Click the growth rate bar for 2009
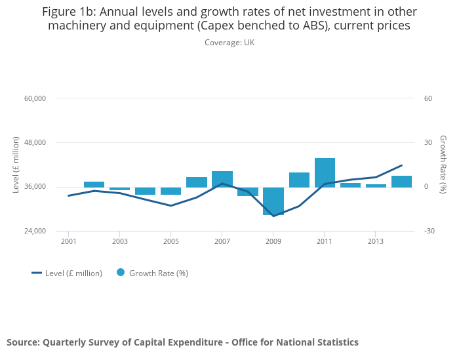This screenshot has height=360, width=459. point(273,201)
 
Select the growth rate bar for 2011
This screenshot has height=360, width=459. point(325,172)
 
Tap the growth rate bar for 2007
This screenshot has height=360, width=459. point(222,179)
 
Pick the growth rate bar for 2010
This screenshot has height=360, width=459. point(299,180)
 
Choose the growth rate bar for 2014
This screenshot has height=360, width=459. point(401,182)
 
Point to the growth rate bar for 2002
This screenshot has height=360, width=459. point(94,184)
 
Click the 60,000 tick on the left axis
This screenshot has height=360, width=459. point(35,98)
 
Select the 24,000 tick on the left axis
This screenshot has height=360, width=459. point(35,231)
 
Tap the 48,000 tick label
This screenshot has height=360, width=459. point(35,142)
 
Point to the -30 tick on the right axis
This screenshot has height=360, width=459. point(429,231)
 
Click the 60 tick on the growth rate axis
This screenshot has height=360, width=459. point(428,98)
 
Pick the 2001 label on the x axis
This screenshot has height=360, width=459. point(68,241)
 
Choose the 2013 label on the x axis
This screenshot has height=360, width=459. point(375,241)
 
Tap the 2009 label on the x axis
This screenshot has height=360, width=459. point(273,241)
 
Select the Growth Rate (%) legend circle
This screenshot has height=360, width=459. point(121,273)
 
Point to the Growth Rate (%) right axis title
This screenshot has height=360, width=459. point(443,164)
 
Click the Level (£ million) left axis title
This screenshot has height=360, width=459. point(16,165)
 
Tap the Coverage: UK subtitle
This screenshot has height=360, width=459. point(229,43)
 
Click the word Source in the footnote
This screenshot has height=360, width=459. point(22,342)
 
